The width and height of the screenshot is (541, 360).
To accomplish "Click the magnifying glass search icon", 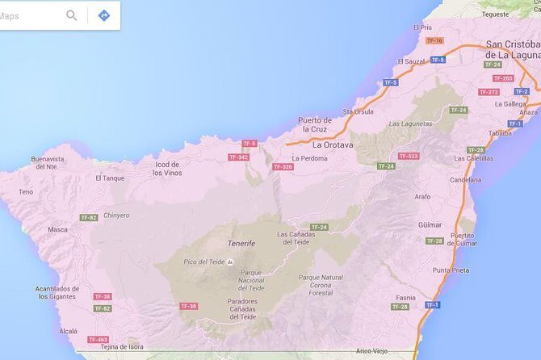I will point(72,15).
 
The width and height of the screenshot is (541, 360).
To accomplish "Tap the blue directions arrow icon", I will point(103,15).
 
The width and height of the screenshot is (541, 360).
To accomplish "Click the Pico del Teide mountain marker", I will point(230,262).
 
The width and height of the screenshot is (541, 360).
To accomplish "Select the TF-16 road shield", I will point(434,40).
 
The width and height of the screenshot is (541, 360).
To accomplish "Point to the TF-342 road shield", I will point(238,157).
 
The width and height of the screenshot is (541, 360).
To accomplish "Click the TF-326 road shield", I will point(283,167).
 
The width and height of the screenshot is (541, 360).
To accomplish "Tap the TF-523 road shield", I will point(409,156).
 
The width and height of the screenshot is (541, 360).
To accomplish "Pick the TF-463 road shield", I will point(98,340).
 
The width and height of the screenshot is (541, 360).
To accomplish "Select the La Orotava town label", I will point(333,145).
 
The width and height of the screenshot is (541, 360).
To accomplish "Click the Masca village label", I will point(57,229).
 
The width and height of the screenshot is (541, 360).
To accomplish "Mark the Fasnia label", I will point(406,297).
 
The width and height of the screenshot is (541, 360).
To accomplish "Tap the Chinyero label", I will point(116,215).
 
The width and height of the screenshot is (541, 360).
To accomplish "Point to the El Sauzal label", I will point(411,61).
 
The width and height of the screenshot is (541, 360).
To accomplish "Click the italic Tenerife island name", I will point(241,243).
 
